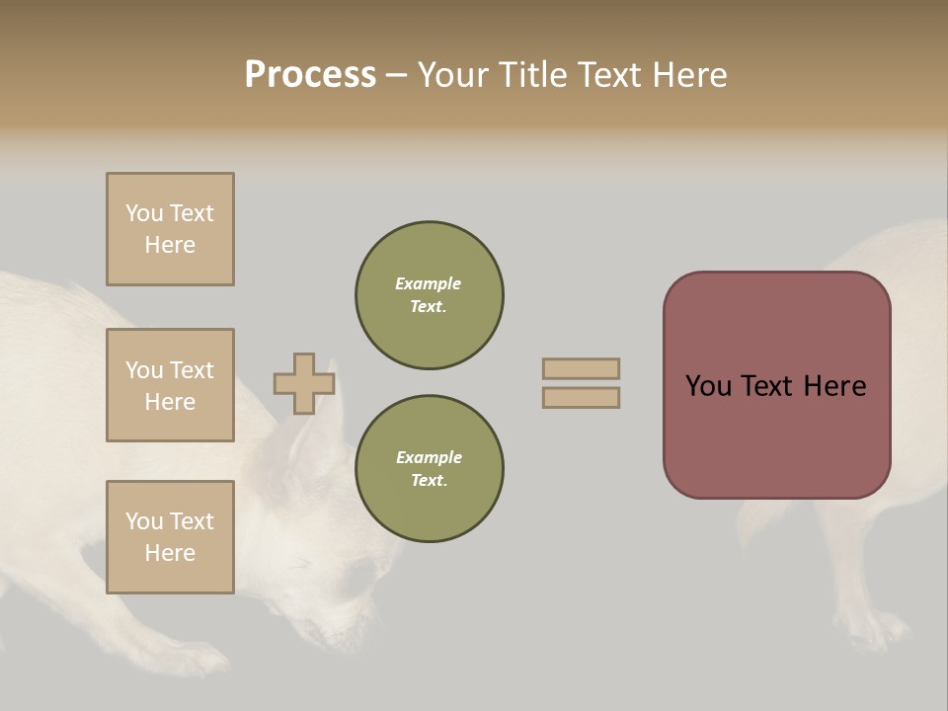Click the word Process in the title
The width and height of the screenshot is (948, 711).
[310, 75]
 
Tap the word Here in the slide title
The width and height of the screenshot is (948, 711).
[688, 75]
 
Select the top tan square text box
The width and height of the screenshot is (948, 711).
[170, 229]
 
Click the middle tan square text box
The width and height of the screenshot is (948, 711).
[170, 385]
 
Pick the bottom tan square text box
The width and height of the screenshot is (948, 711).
[170, 537]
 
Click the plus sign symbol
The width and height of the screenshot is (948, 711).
[303, 384]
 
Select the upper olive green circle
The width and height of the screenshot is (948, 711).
[429, 295]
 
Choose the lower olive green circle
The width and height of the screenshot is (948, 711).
[429, 469]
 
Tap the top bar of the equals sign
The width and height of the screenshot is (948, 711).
[581, 369]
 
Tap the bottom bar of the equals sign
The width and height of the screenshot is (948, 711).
[581, 398]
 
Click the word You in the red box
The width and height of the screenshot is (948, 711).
[709, 386]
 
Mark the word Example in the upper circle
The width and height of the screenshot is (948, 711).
[429, 283]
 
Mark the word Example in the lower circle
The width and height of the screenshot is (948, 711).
[429, 457]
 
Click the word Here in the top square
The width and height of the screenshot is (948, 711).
[170, 245]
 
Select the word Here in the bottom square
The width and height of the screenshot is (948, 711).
[170, 553]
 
